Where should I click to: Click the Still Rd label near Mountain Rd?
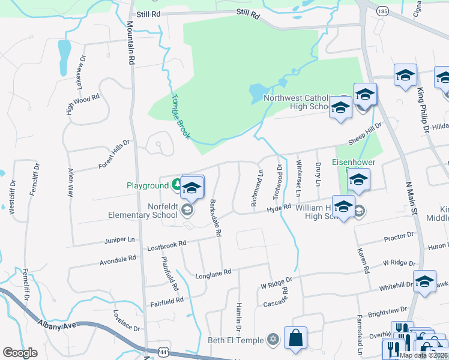point(149,13)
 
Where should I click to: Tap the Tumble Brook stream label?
point(180,117)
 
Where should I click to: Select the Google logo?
point(20,353)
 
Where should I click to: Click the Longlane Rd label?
point(213,273)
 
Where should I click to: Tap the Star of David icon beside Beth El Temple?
point(274,340)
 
